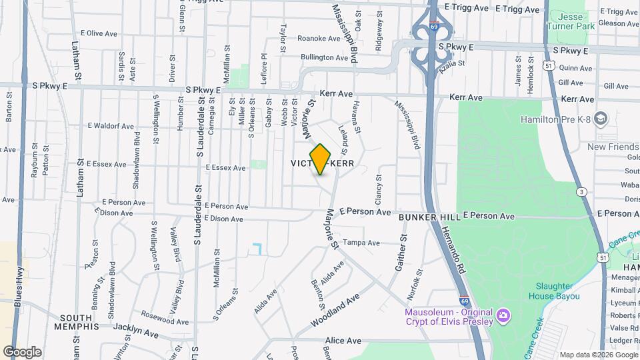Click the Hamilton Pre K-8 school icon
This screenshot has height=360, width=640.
click(x=600, y=119)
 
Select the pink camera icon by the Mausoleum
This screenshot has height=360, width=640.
click(x=503, y=314)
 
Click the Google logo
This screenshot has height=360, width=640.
click(x=22, y=351)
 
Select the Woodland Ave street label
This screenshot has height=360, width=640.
click(x=335, y=310)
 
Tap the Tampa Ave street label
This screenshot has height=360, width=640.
click(x=361, y=243)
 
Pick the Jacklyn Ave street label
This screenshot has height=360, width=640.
click(x=136, y=329)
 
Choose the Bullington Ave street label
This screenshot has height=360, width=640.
click(x=325, y=57)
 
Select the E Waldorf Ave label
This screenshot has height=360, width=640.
click(x=111, y=125)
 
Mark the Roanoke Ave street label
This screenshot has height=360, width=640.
click(x=319, y=39)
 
